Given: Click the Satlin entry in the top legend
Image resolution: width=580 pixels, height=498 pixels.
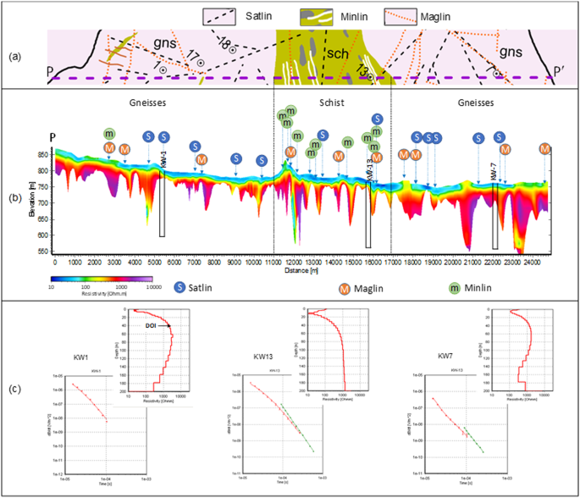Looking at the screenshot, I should (x=251, y=14).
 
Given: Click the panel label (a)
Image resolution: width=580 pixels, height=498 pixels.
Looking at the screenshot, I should (x=14, y=58).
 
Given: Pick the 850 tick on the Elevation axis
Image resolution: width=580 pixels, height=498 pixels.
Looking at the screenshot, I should (x=44, y=155).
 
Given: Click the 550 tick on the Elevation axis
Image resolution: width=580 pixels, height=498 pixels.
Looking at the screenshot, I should (x=44, y=252).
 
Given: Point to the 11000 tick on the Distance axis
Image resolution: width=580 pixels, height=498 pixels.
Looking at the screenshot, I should (x=273, y=263).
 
